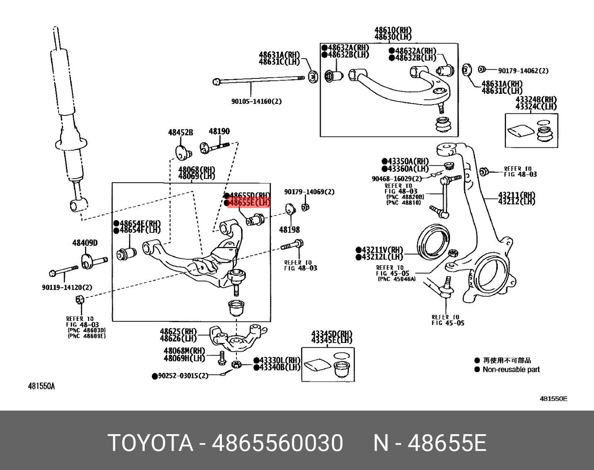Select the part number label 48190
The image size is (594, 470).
[219, 132]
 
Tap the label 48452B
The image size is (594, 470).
[180, 132]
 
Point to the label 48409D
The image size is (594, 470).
[85, 243]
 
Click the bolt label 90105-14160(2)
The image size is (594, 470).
[256, 101]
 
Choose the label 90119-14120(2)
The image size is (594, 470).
[67, 287]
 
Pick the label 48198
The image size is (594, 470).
[289, 230]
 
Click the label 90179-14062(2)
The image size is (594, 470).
[523, 71]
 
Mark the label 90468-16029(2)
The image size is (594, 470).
[397, 179]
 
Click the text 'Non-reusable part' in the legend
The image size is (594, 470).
[511, 370]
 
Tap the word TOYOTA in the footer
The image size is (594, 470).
[151, 443]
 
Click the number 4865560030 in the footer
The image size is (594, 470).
[278, 443]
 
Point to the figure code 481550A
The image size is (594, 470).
[41, 387]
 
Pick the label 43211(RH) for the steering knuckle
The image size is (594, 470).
[516, 195]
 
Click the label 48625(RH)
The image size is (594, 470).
[178, 332]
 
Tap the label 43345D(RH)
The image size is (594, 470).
[331, 334]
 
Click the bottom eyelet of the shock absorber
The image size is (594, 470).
[78, 205]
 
